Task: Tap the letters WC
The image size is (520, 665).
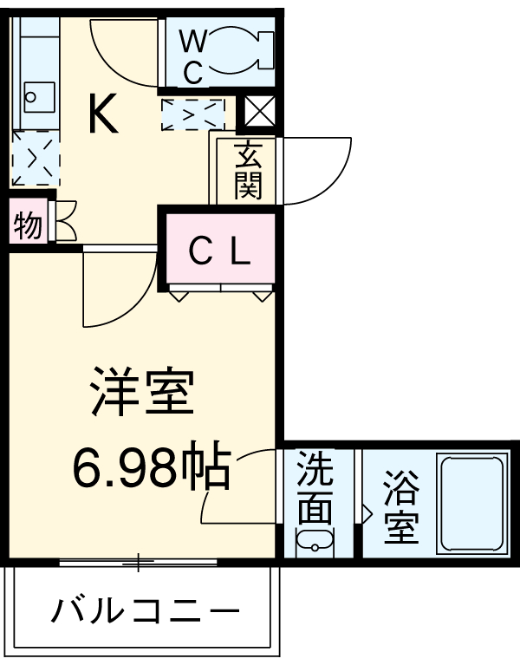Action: pos(193,56)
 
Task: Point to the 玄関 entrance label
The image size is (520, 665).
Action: pos(247,171)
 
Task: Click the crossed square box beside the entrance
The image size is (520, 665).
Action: pos(259,111)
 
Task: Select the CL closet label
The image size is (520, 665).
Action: pos(220,252)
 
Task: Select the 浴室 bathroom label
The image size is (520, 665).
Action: pos(400,505)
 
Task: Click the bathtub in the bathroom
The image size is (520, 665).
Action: pos(472,503)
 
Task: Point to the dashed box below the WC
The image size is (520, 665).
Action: pos(192,114)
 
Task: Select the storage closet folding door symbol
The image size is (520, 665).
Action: pos(66,221)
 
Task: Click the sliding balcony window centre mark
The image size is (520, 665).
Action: pos(136,564)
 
